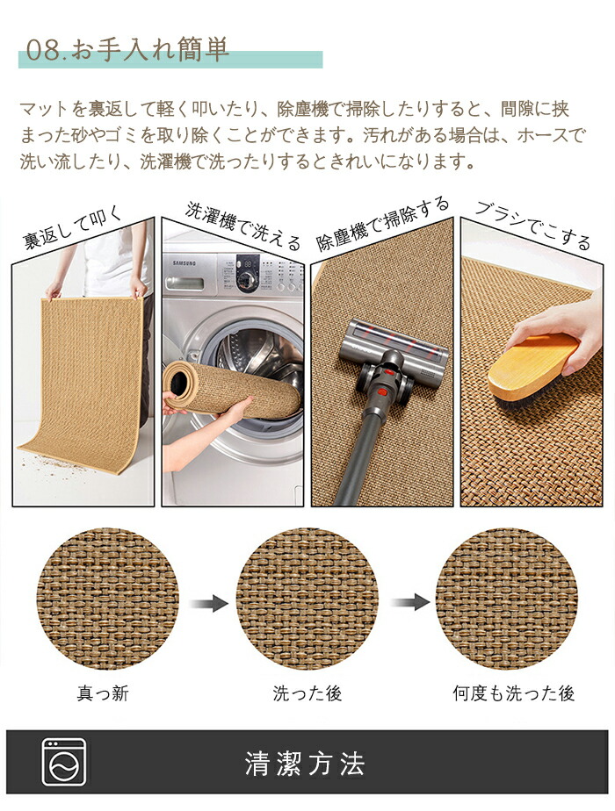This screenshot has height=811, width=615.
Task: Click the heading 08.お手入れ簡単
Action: point(127,51)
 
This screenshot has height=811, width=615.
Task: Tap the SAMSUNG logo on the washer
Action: point(184,263)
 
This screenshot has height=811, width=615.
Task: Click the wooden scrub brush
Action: point(533,370)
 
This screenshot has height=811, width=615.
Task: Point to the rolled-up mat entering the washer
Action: point(231,389)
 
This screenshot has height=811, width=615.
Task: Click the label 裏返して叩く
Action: point(73,226)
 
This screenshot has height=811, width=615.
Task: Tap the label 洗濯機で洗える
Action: point(242,226)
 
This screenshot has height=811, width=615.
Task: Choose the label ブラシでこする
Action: point(532,226)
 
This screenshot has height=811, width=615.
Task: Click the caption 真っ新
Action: point(103,693)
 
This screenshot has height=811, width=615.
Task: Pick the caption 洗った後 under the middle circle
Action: point(307,693)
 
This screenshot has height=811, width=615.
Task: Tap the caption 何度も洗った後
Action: point(514,693)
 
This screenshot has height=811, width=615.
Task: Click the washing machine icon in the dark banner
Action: point(63,762)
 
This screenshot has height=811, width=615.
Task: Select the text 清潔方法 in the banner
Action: point(305,764)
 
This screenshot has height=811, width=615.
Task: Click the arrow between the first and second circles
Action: point(208,603)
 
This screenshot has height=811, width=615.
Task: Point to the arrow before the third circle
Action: point(410,602)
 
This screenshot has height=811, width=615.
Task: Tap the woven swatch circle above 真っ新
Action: point(108,599)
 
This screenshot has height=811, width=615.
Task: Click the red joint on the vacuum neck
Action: point(382,391)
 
